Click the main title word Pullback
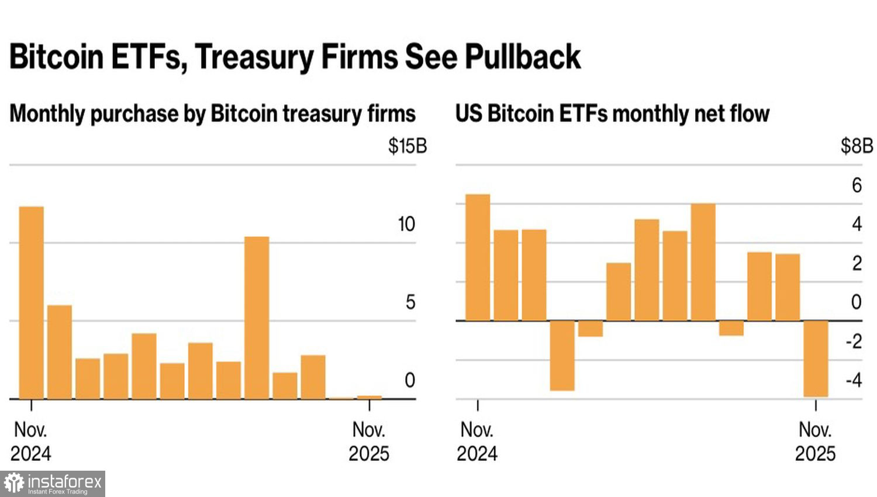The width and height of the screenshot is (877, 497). (x=523, y=57)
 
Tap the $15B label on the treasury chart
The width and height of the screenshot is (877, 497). (x=408, y=146)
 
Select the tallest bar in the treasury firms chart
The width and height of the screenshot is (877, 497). (x=32, y=302)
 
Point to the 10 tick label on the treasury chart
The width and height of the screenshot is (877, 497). (x=406, y=224)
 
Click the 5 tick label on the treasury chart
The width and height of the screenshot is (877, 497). (x=410, y=302)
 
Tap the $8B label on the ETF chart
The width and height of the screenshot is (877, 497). (x=857, y=146)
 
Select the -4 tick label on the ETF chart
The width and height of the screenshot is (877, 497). (x=854, y=381)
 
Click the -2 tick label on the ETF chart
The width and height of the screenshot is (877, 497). (x=854, y=341)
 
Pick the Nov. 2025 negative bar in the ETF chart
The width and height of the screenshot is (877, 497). (x=816, y=358)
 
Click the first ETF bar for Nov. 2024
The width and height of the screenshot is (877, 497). (x=478, y=257)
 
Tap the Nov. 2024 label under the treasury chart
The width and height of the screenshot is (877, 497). (x=31, y=441)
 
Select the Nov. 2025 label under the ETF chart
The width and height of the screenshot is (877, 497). (x=815, y=441)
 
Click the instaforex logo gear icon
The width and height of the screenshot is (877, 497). (x=13, y=484)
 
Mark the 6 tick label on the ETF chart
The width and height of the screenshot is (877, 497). (x=857, y=185)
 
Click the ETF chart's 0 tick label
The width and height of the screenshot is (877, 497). (x=857, y=302)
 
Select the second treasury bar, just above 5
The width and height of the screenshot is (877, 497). (x=60, y=351)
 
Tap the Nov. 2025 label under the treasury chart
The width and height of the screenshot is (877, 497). (x=369, y=441)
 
